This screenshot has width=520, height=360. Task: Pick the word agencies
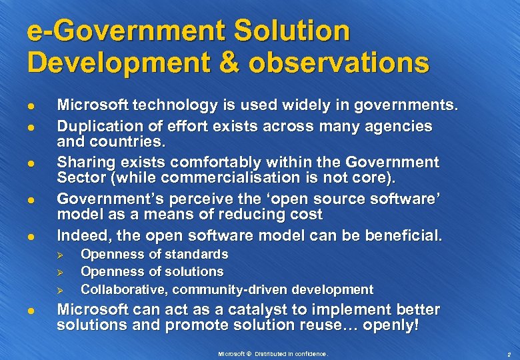(x=400, y=126)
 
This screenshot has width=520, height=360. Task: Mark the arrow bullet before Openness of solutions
(x=59, y=272)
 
